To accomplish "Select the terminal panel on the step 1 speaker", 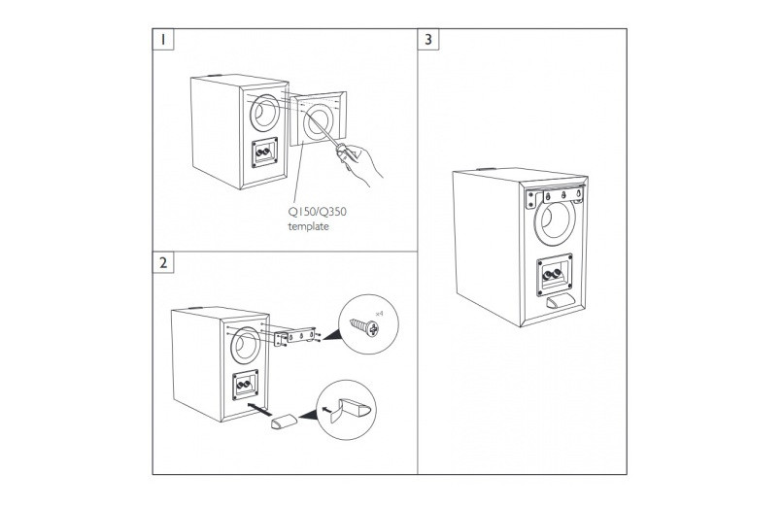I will click(x=263, y=153).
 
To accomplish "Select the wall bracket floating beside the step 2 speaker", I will click(x=296, y=336).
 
